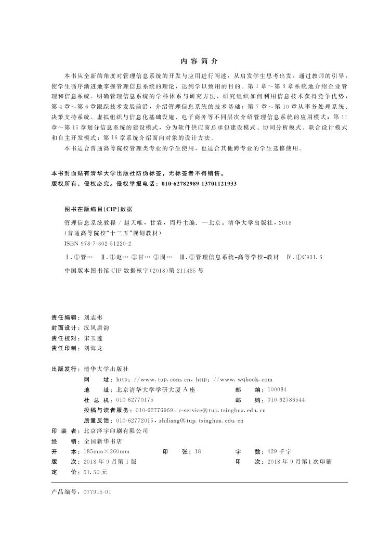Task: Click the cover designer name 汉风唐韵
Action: coord(96,328)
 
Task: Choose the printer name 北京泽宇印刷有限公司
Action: coord(116,431)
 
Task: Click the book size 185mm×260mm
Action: coord(107,451)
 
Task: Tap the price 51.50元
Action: coord(95,472)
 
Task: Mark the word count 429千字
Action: coord(279,451)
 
